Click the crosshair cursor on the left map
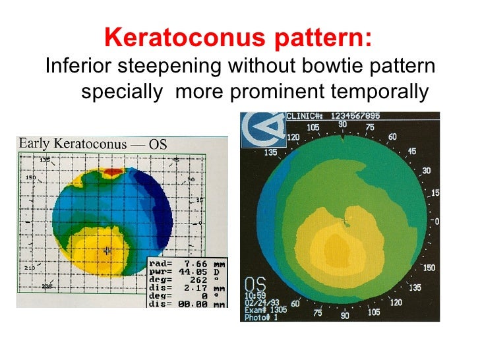[107, 251]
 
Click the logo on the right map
[260, 126]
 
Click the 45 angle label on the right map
[411, 152]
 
